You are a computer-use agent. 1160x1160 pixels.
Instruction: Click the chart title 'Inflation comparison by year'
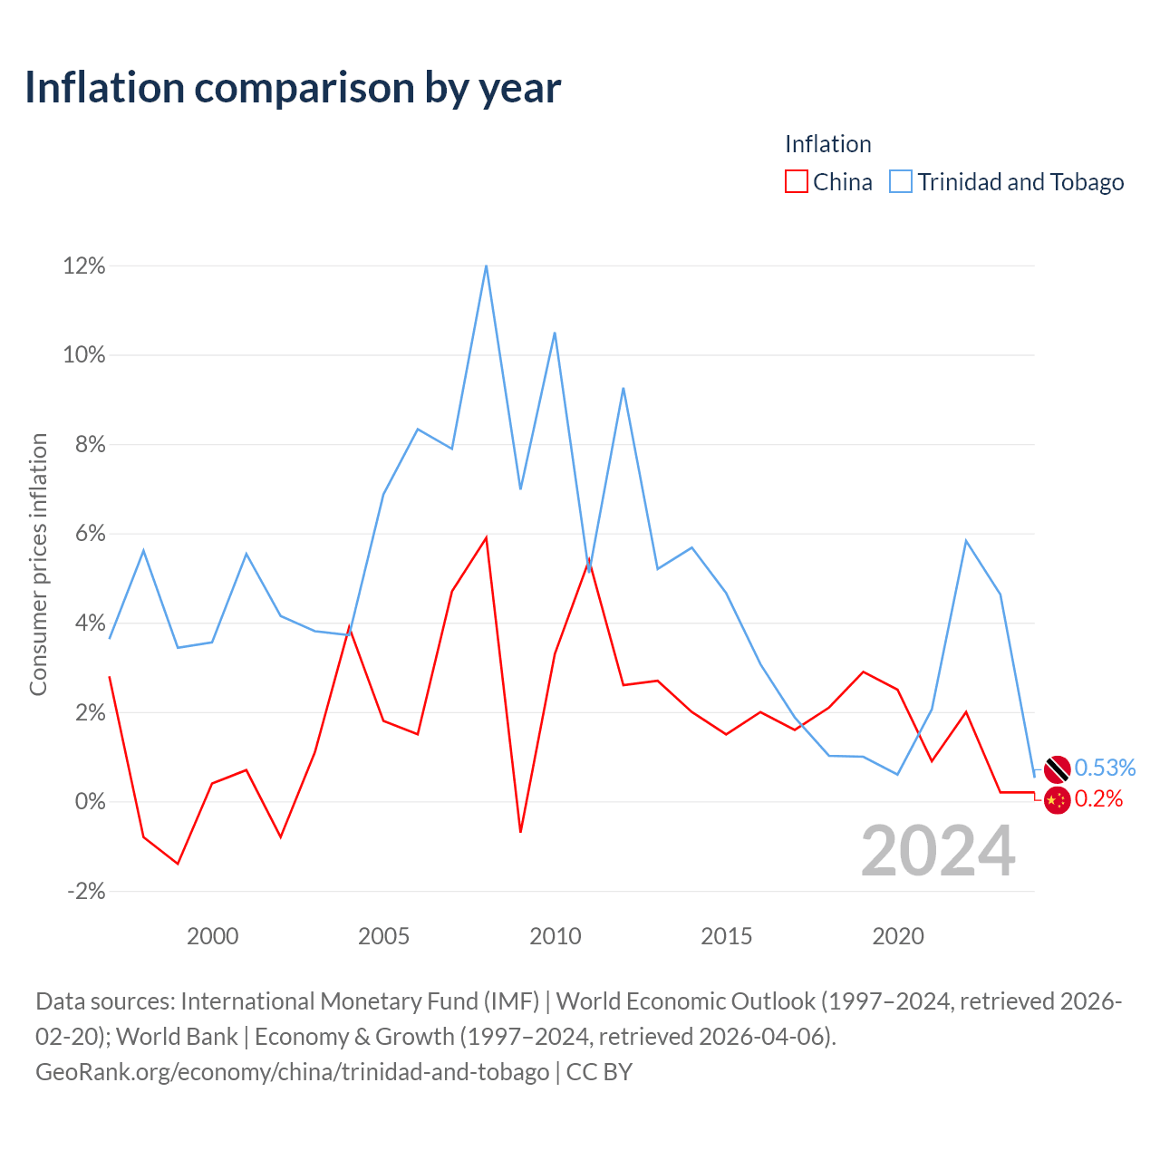coord(293,88)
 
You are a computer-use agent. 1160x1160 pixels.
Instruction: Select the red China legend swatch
coord(796,181)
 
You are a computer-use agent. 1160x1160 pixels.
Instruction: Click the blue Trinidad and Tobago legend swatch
coord(901,181)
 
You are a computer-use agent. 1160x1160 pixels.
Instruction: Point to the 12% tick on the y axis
coord(84,266)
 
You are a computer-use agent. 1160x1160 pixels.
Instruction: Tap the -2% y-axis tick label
coord(86,891)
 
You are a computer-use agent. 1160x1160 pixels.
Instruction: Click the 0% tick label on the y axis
coord(91,801)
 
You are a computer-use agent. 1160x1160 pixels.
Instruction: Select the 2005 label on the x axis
coord(383,936)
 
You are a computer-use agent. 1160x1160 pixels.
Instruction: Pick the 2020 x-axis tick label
coord(897,936)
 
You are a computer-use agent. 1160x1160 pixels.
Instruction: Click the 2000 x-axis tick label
coord(212,936)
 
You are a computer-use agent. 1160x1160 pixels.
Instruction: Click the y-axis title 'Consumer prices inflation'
coord(38,565)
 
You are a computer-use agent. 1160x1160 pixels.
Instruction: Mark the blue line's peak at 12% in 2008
coord(486,266)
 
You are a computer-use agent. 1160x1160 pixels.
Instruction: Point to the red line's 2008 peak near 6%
coord(486,537)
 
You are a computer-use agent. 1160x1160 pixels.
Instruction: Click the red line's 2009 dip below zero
coord(520,832)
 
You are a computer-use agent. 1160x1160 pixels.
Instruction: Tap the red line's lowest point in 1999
coord(178,864)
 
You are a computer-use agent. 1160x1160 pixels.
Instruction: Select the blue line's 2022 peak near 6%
coord(965,540)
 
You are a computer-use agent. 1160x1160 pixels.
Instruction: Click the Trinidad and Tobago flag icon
coord(1057,768)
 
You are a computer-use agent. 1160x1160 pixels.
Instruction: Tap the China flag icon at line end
coord(1057,800)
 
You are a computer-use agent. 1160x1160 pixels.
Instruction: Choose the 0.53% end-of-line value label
coord(1105,768)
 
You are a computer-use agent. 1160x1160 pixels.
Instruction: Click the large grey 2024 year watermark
coord(938,851)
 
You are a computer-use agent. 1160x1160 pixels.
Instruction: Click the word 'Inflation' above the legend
coord(827,144)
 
